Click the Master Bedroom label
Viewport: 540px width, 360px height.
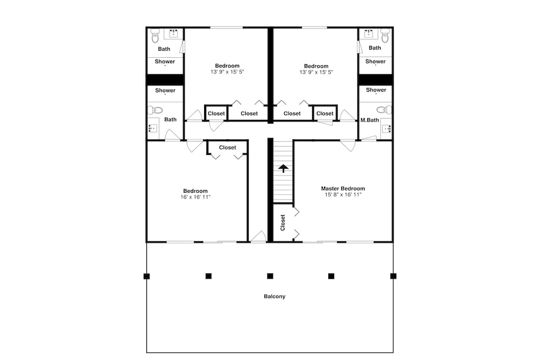coord(343,188)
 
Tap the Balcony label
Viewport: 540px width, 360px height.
coord(274,296)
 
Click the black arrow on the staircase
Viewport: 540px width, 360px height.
coord(283,168)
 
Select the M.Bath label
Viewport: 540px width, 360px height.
coord(369,120)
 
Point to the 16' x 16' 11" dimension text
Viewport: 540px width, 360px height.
coord(195,197)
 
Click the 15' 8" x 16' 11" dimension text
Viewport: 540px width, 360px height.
coord(343,195)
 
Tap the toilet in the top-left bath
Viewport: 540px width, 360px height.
coord(156,35)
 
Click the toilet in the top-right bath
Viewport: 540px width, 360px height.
coord(384,35)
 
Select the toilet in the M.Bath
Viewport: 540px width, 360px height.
coord(383,110)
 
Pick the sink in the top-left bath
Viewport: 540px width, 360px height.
coord(173,33)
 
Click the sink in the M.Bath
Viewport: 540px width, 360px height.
coord(386,128)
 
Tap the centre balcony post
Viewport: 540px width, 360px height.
coord(270,276)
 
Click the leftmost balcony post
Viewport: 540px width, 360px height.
coord(147,276)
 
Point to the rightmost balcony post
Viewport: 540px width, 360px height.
coord(393,276)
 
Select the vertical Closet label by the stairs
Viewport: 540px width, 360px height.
coord(283,223)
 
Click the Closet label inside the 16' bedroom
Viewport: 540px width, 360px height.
coord(227,147)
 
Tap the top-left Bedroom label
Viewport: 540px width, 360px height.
coord(227,66)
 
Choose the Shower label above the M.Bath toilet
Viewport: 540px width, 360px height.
coord(376,90)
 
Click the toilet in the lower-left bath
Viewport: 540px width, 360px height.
coord(156,110)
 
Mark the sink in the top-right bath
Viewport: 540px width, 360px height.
coord(369,33)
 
